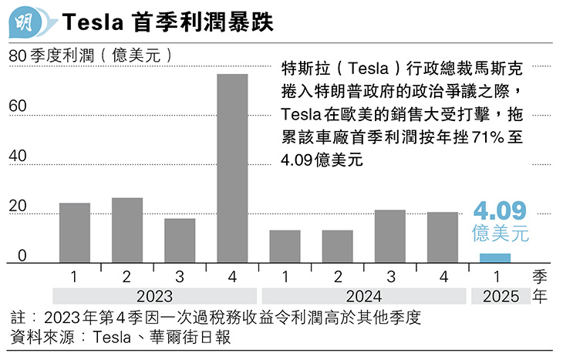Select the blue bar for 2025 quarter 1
coord(495,258)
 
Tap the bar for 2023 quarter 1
coord(75,233)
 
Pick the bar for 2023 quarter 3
coord(180,241)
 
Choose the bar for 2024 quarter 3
coord(390,236)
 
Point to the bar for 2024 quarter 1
coord(285,247)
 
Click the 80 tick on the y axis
coord(17,56)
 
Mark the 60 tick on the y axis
coord(17,106)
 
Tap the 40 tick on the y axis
coord(17,156)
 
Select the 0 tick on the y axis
coord(22,256)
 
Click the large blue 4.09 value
coord(499,211)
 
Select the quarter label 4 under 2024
coord(443,276)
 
